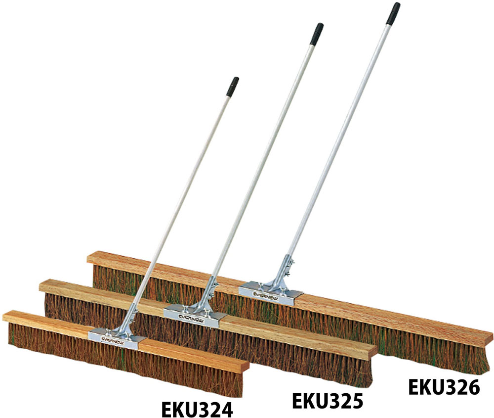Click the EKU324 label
(x=197, y=409)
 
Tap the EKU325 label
(x=328, y=401)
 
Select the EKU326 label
(x=444, y=387)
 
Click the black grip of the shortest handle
(x=232, y=86)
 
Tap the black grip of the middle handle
(x=317, y=34)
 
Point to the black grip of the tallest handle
(x=394, y=13)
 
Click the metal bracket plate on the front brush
(x=117, y=338)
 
